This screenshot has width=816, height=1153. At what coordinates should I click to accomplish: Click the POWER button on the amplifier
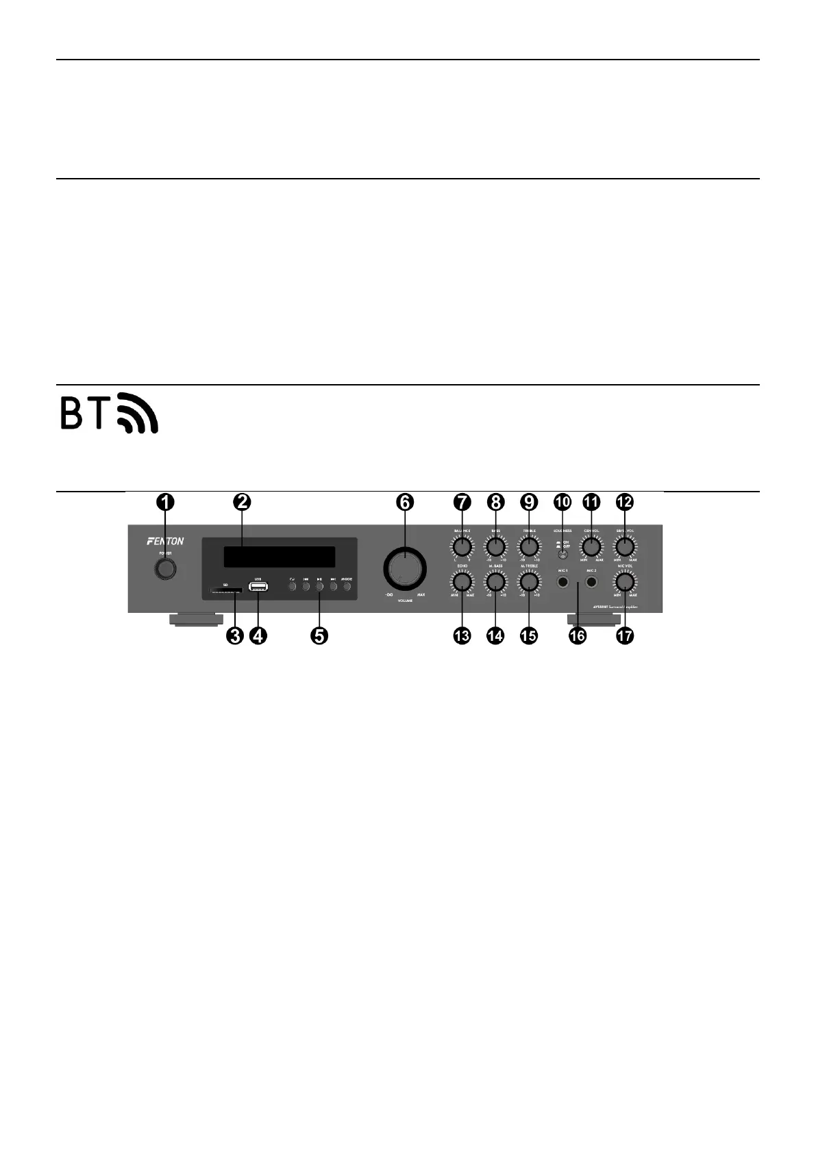(x=164, y=568)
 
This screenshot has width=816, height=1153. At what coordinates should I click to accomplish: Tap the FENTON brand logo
(x=165, y=541)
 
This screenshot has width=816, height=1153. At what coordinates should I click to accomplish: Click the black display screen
(x=280, y=557)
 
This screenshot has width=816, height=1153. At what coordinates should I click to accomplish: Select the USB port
(x=258, y=587)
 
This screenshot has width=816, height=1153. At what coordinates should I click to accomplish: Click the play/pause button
(x=319, y=587)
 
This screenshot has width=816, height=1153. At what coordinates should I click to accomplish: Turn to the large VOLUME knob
(x=404, y=568)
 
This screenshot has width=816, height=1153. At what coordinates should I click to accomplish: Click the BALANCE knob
(x=462, y=547)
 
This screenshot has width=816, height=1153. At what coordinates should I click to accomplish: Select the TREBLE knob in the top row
(x=528, y=547)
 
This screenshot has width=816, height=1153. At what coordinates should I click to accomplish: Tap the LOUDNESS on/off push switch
(x=562, y=555)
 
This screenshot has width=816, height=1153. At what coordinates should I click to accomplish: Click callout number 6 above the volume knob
(x=405, y=502)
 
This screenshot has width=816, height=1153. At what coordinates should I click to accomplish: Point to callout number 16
(x=578, y=635)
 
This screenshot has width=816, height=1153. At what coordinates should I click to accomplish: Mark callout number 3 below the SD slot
(x=235, y=635)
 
